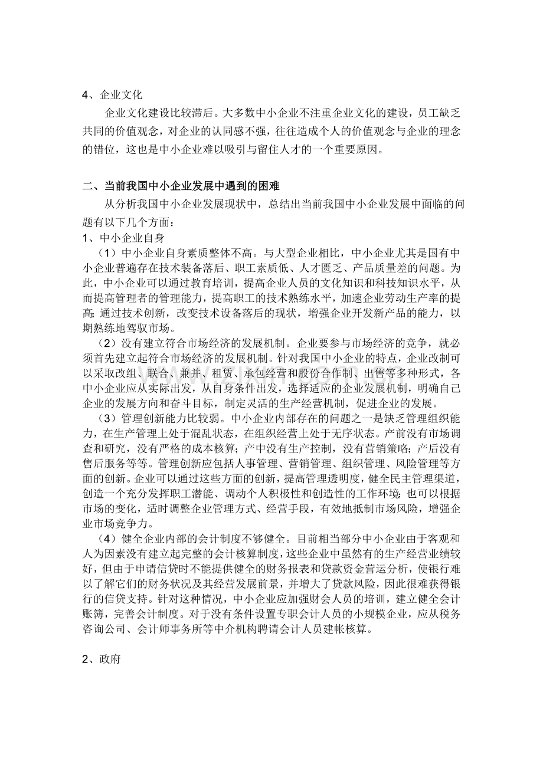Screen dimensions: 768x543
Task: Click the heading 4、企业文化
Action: click(x=112, y=94)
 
